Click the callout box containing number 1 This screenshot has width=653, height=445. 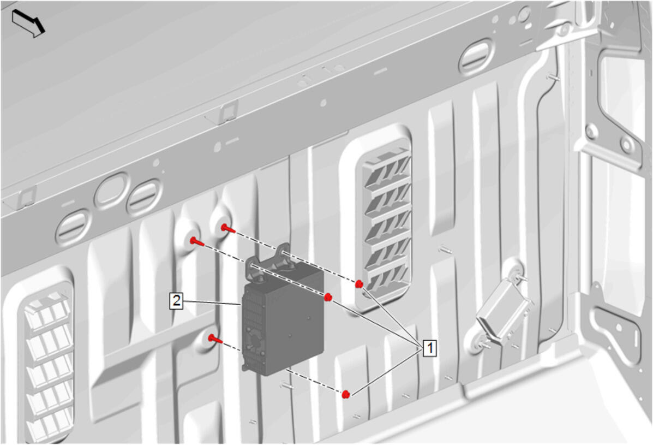click(430, 347)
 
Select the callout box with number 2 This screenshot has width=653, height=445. click(177, 300)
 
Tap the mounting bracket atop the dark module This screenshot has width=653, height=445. click(271, 260)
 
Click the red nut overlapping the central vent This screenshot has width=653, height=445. click(359, 284)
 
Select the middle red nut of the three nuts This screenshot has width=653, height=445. click(328, 297)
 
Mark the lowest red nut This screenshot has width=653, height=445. click(346, 394)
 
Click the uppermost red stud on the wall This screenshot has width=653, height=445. click(228, 228)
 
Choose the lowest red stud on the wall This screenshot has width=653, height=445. click(215, 339)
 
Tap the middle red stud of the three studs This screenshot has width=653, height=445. click(197, 241)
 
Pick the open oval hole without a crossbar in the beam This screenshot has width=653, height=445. click(112, 191)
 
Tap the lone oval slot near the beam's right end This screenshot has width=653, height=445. click(477, 57)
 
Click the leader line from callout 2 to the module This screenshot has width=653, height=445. click(212, 302)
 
